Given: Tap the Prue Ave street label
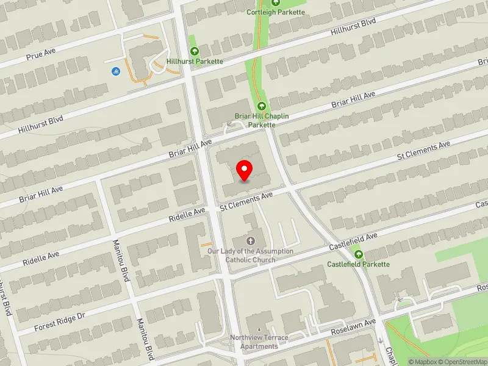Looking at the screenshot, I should click(x=41, y=55).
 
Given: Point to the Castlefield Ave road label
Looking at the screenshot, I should click(x=354, y=240).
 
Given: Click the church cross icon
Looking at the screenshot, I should click(x=250, y=241).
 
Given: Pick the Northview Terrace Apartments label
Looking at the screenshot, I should click(x=259, y=342).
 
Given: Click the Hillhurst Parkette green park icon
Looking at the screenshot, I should click(x=195, y=51).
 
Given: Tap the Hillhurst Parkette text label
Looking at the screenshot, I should click(x=195, y=62).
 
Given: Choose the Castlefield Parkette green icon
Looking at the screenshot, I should click(x=358, y=254).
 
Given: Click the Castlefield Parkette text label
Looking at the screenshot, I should click(x=358, y=264).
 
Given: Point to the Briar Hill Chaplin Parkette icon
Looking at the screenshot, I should click(x=262, y=106).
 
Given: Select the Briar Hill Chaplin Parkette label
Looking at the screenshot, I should click(x=262, y=120).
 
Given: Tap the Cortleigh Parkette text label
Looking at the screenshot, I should click(x=276, y=12).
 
